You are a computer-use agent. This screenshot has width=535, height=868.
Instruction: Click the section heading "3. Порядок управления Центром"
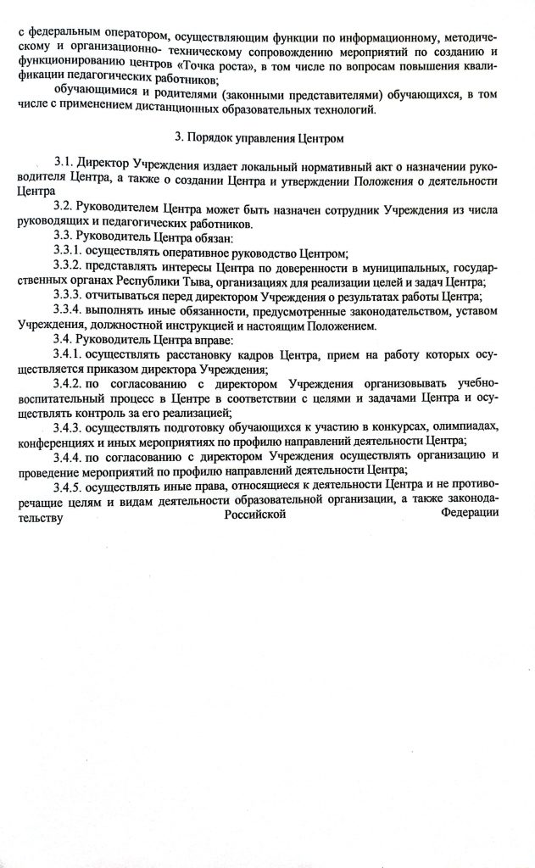click(270, 136)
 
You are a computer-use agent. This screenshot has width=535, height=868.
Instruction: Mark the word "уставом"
click(472, 312)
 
